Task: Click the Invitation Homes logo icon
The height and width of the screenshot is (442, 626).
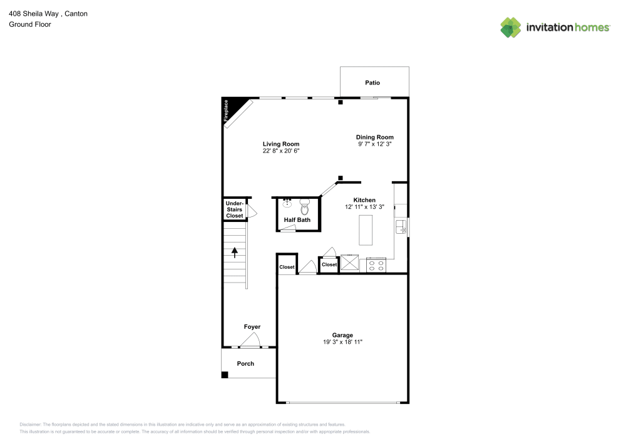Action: [510, 27]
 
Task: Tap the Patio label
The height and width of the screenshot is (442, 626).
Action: [372, 83]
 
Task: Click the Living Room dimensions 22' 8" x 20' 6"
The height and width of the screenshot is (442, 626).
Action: [281, 151]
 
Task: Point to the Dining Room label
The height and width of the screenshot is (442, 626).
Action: [374, 137]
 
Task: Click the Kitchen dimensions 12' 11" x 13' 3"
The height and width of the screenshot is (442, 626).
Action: [364, 207]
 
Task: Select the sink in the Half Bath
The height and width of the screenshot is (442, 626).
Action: [287, 203]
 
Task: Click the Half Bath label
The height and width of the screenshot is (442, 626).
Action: [297, 220]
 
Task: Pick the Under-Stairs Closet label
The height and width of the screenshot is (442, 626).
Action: [234, 209]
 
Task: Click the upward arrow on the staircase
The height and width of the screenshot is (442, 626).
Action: [235, 252]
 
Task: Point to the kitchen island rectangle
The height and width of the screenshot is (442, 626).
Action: [365, 230]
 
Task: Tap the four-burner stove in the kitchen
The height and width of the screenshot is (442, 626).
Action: [376, 265]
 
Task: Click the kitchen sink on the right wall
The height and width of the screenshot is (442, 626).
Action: [400, 226]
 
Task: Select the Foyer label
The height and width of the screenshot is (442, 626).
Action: [252, 327]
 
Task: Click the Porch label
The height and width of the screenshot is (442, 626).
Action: [245, 363]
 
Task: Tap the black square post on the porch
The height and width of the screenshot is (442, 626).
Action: [225, 374]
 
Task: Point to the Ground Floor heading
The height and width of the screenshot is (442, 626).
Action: [30, 24]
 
